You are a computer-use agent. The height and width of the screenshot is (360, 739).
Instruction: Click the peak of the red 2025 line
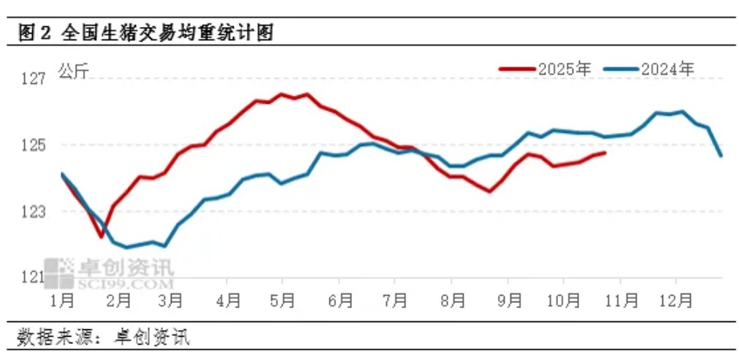pyautogui.click(x=281, y=94)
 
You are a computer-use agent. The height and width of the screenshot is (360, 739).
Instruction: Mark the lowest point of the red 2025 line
pyautogui.click(x=102, y=237)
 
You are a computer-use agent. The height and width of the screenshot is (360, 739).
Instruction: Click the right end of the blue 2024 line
pyautogui.click(x=721, y=156)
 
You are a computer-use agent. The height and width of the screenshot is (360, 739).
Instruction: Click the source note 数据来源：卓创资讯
pyautogui.click(x=102, y=337)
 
